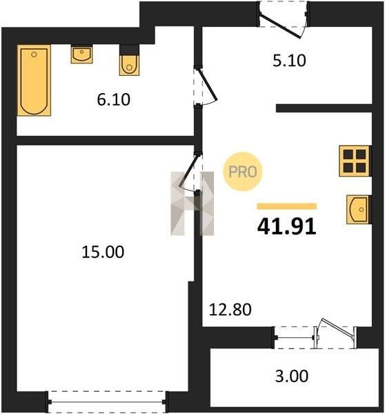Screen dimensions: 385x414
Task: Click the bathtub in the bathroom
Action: [34, 80]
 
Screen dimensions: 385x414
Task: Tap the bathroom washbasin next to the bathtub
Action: [81, 54]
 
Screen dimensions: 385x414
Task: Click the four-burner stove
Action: [355, 161]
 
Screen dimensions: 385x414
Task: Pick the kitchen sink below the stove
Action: [358, 209]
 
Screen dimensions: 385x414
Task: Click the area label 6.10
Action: [114, 100]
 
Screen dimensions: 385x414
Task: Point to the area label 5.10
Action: [289, 61]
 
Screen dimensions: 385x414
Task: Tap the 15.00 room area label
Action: [103, 252]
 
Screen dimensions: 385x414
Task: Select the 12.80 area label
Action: [230, 310]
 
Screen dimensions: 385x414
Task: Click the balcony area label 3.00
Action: [292, 376]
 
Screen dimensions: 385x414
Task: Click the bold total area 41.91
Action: [286, 227]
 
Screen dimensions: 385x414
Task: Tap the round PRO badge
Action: [243, 172]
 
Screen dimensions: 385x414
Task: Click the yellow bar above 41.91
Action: [287, 206]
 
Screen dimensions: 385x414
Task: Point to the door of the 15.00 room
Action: [188, 171]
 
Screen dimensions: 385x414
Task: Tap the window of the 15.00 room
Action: [107, 402]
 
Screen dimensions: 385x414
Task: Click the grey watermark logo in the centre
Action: [192, 204]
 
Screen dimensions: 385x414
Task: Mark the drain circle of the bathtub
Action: [34, 55]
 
